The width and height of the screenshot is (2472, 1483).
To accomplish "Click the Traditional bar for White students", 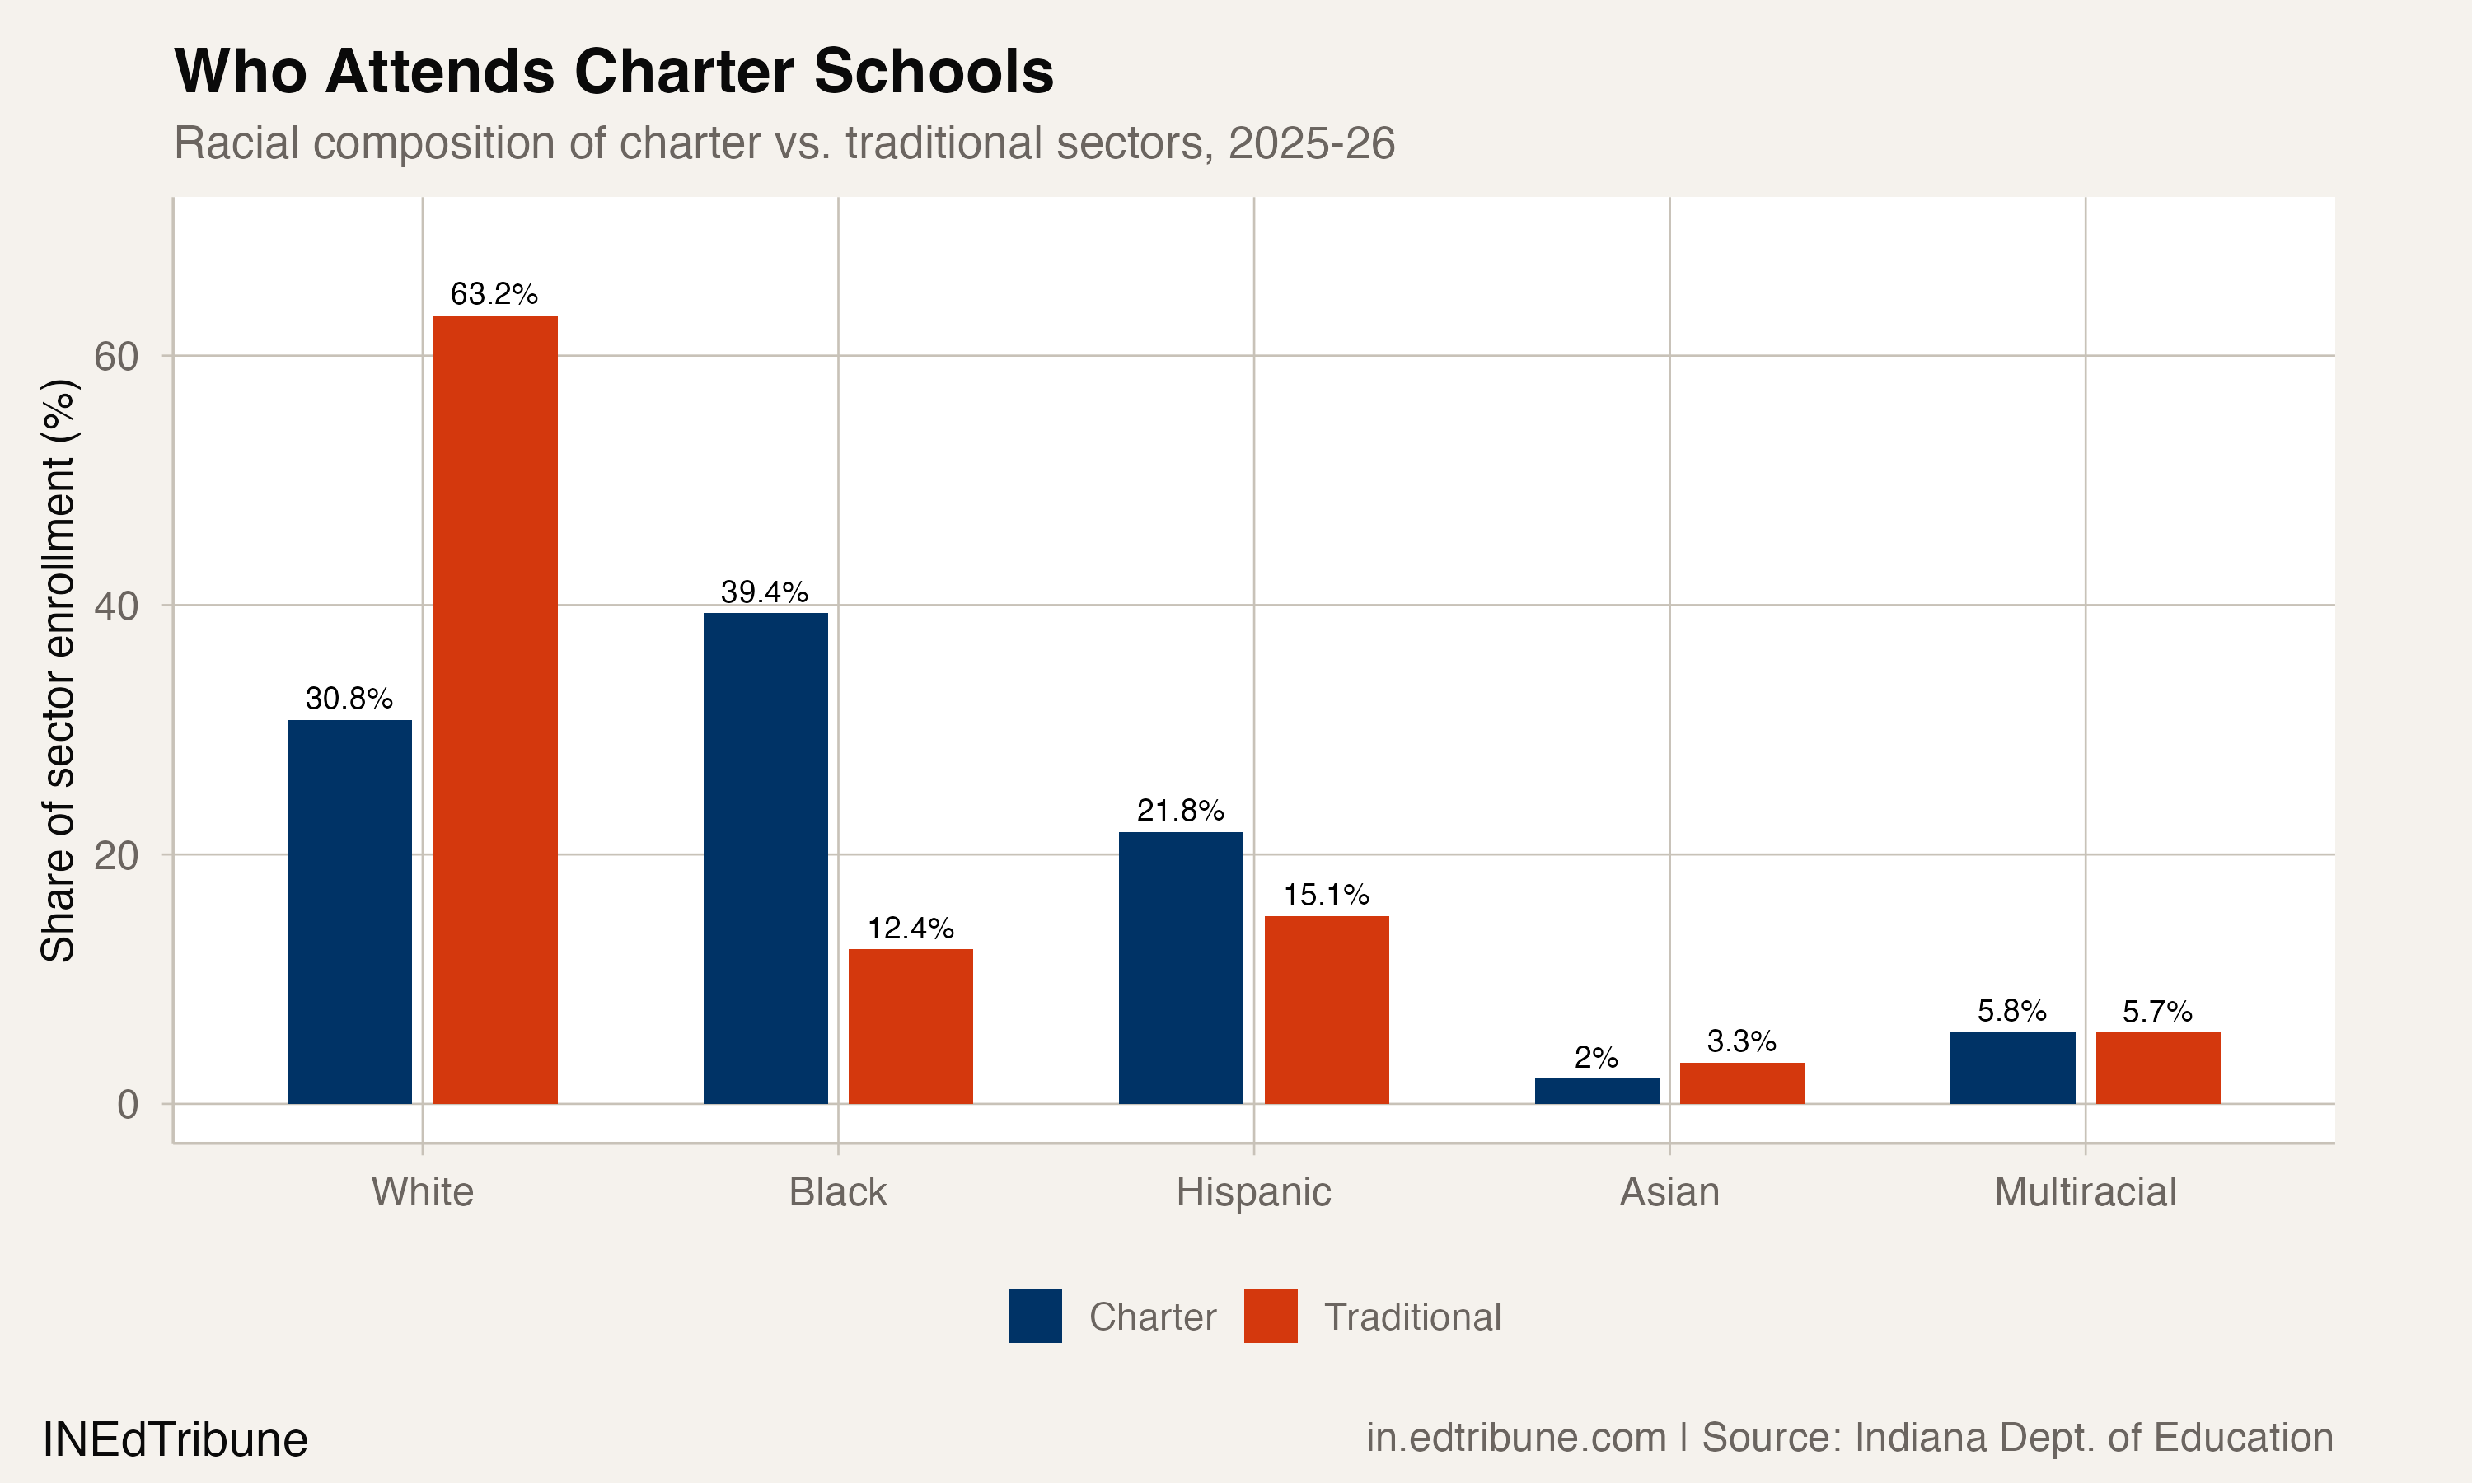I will click(x=494, y=709).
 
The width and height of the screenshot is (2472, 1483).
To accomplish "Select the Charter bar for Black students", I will click(x=765, y=858).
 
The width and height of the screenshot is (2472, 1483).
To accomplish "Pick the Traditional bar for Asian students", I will click(x=1743, y=1083).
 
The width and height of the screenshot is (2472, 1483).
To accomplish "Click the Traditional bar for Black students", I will click(x=911, y=1027).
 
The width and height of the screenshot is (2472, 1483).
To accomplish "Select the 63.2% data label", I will click(x=494, y=294).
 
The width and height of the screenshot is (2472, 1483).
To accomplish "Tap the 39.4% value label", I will click(x=765, y=592).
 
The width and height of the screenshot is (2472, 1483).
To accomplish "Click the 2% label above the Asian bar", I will click(x=1596, y=1057).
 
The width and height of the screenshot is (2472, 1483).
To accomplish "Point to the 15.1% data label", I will click(x=1326, y=895).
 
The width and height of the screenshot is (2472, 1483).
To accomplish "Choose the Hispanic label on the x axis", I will click(x=1253, y=1192).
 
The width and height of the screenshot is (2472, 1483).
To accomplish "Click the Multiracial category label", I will click(x=2085, y=1192).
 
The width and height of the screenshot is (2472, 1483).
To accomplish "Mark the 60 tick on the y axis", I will click(x=116, y=356).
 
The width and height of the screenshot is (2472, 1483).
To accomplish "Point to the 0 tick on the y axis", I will click(x=128, y=1104).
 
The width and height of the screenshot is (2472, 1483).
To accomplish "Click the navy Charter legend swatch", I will click(x=1034, y=1316).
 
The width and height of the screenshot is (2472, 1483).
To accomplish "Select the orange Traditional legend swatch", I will click(x=1270, y=1316).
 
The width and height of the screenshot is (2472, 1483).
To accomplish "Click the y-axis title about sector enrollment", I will click(x=58, y=670).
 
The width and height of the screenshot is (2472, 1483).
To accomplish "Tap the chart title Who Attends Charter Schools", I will click(x=614, y=72).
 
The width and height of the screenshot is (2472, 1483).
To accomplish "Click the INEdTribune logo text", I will click(x=175, y=1440).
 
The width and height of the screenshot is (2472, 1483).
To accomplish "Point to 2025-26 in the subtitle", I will click(x=1311, y=143).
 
